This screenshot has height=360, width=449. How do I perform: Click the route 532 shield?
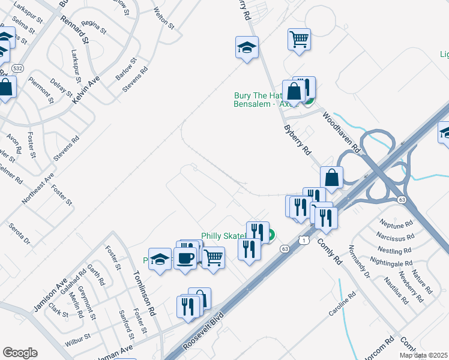click(x=18, y=68)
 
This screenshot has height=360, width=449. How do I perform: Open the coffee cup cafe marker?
click(x=185, y=259)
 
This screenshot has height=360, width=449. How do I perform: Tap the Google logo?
click(x=20, y=353)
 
